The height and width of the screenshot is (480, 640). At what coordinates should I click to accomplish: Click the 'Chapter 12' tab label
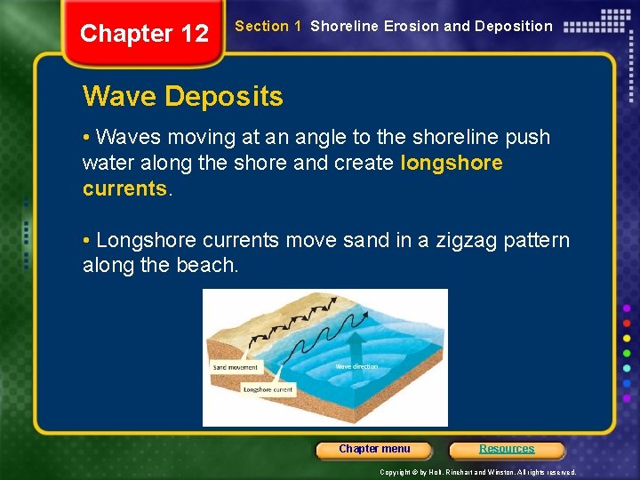pyautogui.click(x=144, y=34)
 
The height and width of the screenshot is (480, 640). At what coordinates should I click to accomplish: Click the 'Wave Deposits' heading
pyautogui.click(x=182, y=96)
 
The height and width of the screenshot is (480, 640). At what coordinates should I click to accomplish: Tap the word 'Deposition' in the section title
pyautogui.click(x=511, y=27)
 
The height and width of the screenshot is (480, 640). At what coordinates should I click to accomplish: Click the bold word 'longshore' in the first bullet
pyautogui.click(x=452, y=163)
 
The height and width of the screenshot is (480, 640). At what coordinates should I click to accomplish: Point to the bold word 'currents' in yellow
pyautogui.click(x=124, y=188)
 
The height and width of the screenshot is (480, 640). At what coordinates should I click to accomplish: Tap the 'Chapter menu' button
pyautogui.click(x=374, y=449)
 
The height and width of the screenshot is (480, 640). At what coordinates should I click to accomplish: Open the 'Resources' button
pyautogui.click(x=507, y=449)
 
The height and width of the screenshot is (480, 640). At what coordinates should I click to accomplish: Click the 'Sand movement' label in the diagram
pyautogui.click(x=236, y=367)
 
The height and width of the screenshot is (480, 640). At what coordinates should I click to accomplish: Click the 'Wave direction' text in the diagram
pyautogui.click(x=356, y=366)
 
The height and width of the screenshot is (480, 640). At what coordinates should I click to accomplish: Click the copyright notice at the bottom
pyautogui.click(x=477, y=472)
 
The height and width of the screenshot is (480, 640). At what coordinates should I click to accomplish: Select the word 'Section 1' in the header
pyautogui.click(x=261, y=27)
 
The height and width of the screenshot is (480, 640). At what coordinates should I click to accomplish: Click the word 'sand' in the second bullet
pyautogui.click(x=354, y=240)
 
